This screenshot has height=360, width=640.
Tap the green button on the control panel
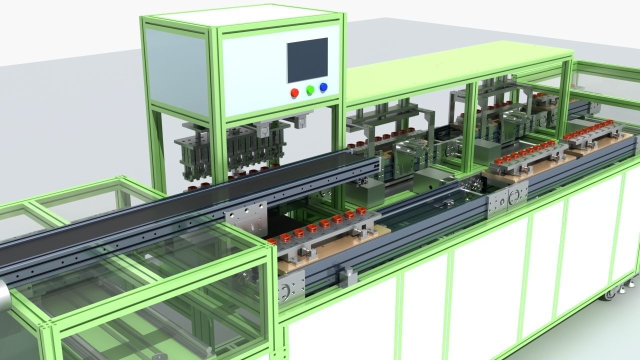coord(310,89)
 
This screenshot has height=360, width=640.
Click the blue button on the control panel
coord(323,87)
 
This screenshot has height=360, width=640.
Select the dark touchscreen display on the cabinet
coord(307,60)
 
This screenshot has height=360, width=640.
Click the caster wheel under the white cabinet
coord(610,294)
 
